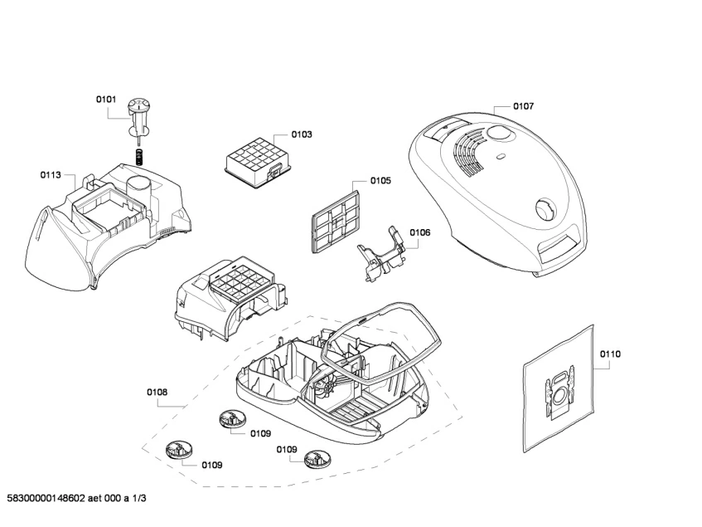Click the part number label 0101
106,100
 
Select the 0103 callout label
301,134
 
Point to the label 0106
419,232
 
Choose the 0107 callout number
523,106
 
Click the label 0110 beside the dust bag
610,354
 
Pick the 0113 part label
51,175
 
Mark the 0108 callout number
157,392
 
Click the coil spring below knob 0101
141,155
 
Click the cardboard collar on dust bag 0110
562,391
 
